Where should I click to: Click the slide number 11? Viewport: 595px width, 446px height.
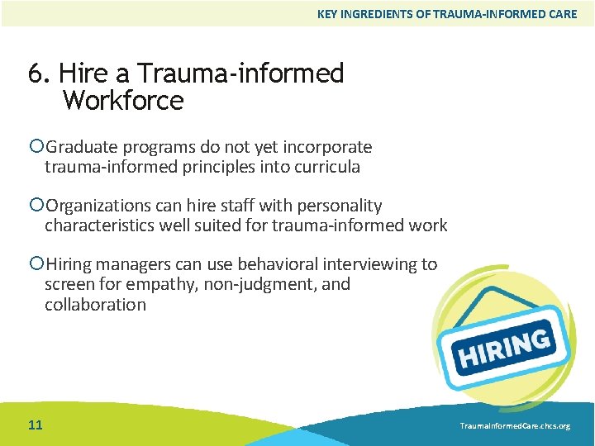click(35, 425)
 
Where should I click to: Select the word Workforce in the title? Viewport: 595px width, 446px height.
click(122, 101)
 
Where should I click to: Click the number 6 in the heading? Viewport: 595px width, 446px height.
click(36, 74)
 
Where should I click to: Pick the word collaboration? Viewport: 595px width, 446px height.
click(95, 304)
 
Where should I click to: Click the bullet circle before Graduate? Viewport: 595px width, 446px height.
click(36, 147)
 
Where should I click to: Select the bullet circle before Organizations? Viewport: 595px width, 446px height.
click(36, 206)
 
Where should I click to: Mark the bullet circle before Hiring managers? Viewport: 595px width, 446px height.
click(36, 264)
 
